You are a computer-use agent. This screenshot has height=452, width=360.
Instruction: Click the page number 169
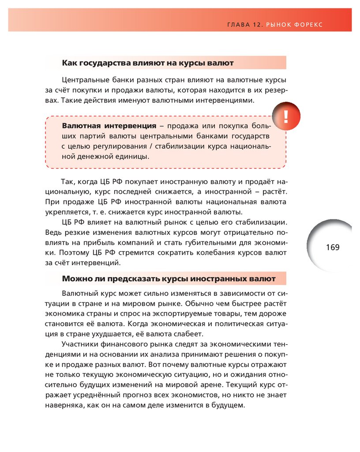pyautogui.click(x=333, y=247)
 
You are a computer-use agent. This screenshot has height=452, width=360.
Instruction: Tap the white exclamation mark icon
pyautogui.click(x=286, y=117)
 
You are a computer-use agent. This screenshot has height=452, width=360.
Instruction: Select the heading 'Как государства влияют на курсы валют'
pyautogui.click(x=147, y=63)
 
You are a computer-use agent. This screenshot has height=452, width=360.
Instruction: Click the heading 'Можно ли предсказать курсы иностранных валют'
pyautogui.click(x=169, y=279)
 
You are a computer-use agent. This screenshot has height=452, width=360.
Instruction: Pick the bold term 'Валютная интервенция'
pyautogui.click(x=109, y=126)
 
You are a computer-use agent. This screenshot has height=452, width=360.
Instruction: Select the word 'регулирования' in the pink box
pyautogui.click(x=116, y=146)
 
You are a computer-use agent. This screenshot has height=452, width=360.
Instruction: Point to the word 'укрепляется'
pyautogui.click(x=64, y=212)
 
